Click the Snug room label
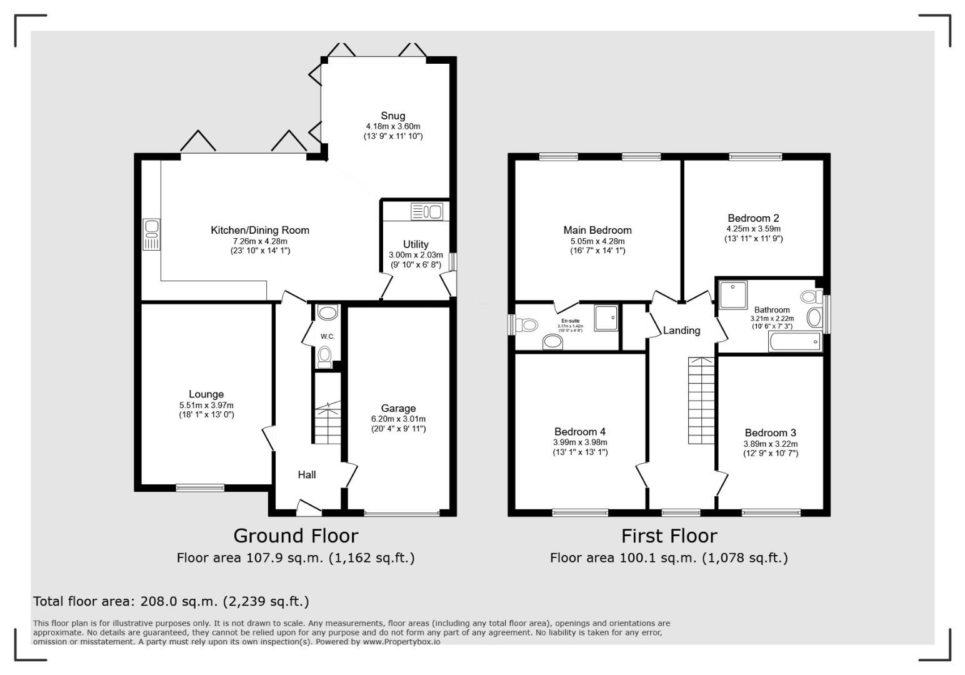393,116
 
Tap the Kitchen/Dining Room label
259,230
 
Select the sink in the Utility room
427,212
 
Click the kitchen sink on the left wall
151,234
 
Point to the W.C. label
327,337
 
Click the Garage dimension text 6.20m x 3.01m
397,419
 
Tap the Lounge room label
206,394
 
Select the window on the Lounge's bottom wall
200,487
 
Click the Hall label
306,474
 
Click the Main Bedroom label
597,230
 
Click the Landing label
681,330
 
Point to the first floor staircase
701,400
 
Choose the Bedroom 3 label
770,432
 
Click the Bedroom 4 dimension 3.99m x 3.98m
580,442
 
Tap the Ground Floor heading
296,536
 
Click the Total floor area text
171,601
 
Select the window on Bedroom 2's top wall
755,157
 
